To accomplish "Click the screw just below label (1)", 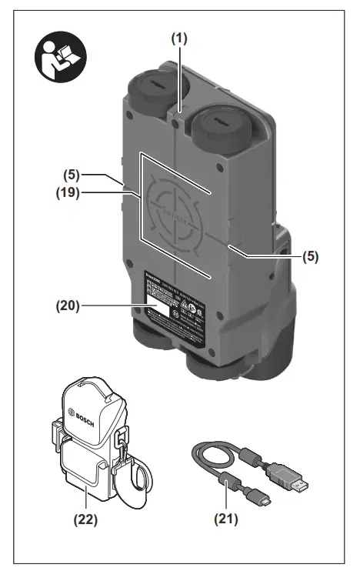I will tap(178, 122).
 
